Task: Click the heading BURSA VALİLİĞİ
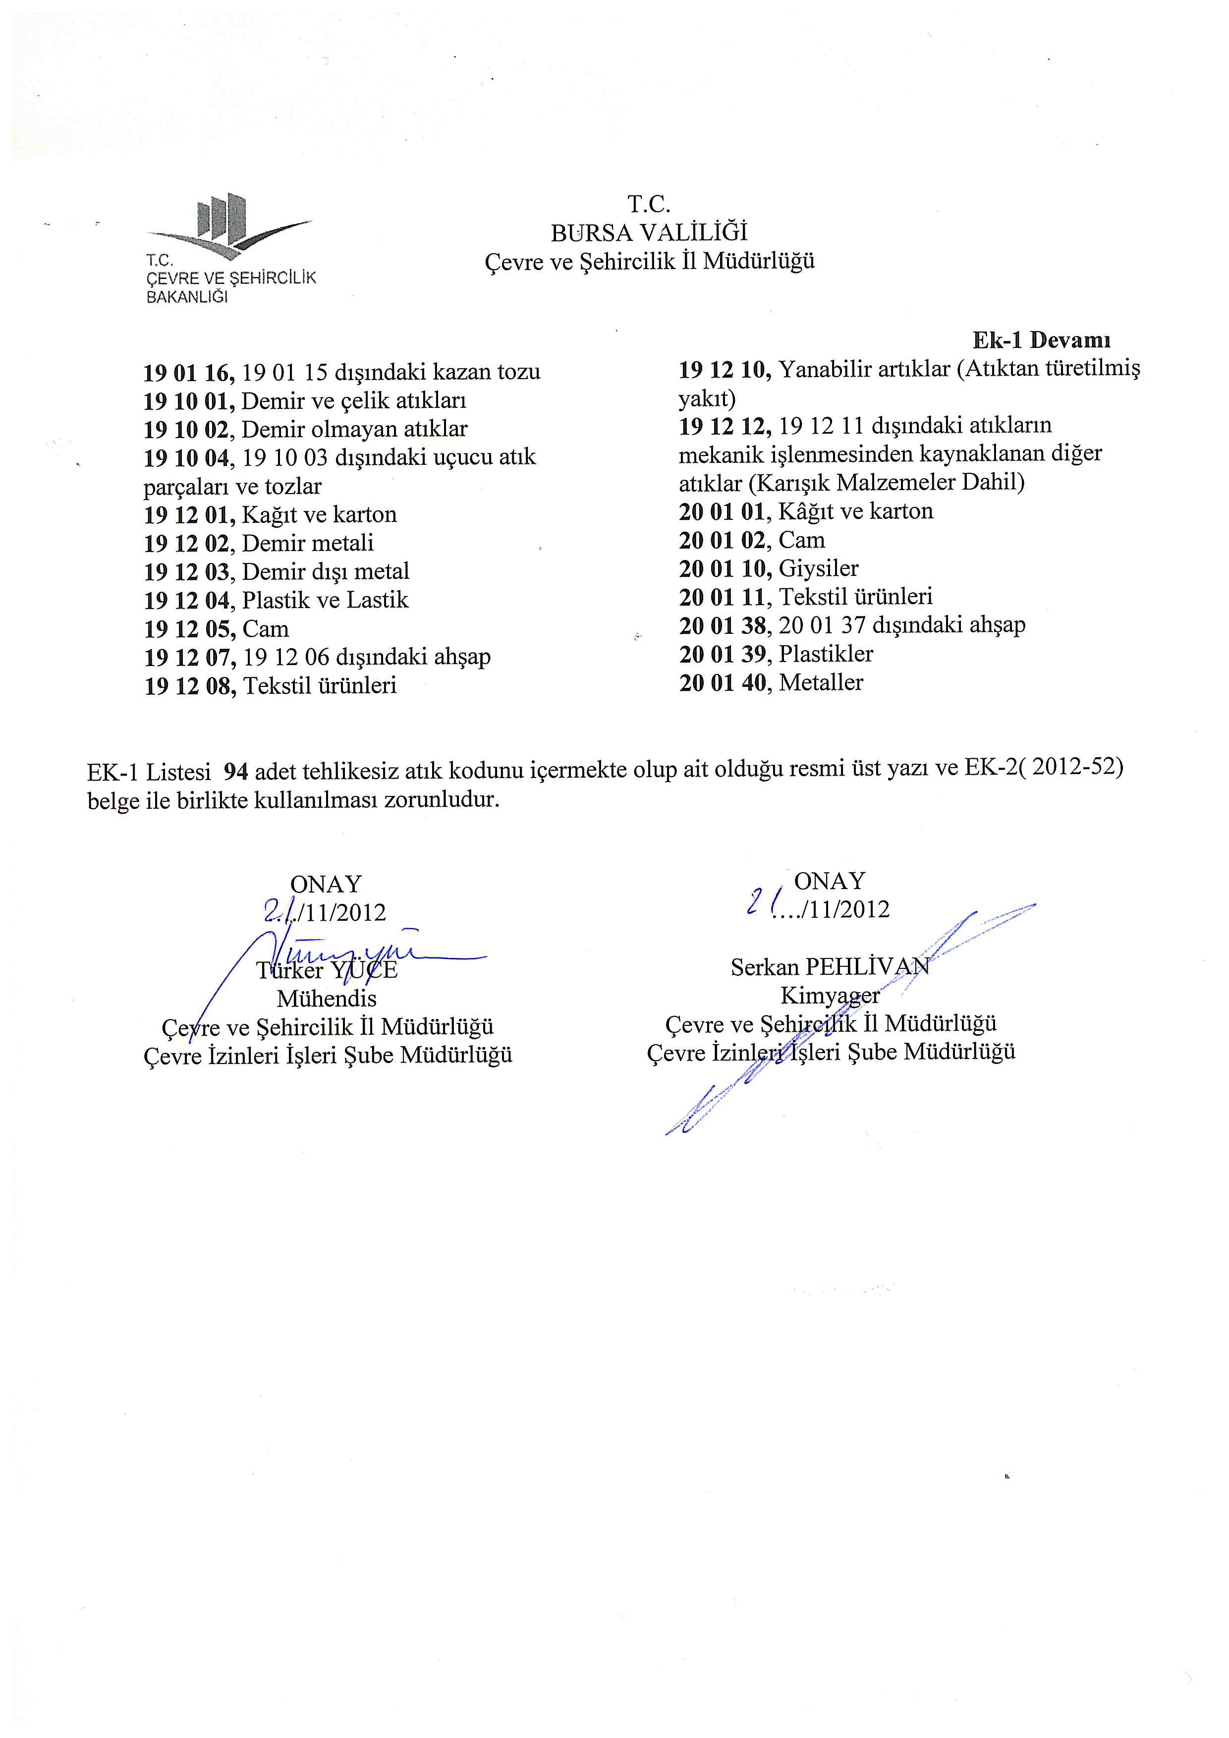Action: point(649,232)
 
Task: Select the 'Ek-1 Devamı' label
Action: point(1041,340)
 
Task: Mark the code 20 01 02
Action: point(724,541)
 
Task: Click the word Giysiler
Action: point(818,568)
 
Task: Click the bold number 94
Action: point(236,771)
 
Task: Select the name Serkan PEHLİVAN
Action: point(830,967)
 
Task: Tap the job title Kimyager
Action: point(830,996)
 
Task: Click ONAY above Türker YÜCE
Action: point(326,884)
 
